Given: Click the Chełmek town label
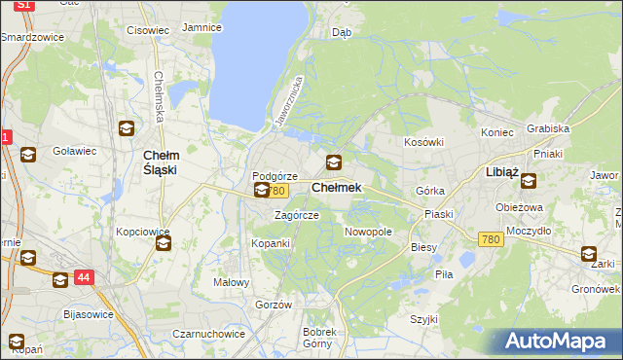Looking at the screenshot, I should pyautogui.click(x=337, y=188).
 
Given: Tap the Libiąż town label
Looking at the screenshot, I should pyautogui.click(x=502, y=172).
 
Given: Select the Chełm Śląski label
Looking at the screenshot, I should pyautogui.click(x=160, y=162).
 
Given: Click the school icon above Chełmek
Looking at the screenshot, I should pyautogui.click(x=334, y=162).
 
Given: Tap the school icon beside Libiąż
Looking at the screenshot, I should pyautogui.click(x=529, y=180).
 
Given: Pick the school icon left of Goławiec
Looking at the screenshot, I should pyautogui.click(x=27, y=154).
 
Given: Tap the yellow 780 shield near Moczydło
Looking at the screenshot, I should pyautogui.click(x=491, y=239).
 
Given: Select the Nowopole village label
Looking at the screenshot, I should pyautogui.click(x=369, y=233).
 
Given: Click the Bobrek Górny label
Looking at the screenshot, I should pyautogui.click(x=318, y=337).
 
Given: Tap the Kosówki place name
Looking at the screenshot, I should pyautogui.click(x=423, y=142).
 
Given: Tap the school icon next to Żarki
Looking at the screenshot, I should pyautogui.click(x=589, y=254).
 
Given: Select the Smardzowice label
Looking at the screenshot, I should pyautogui.click(x=32, y=37).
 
